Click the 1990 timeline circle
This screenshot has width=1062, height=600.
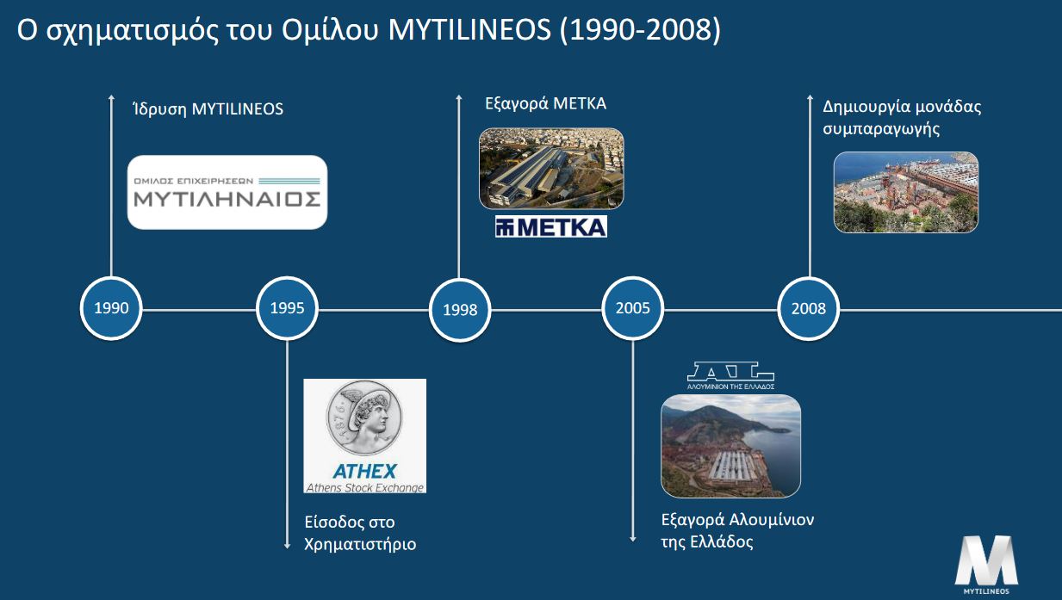click(111, 308)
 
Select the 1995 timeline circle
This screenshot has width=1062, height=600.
click(287, 308)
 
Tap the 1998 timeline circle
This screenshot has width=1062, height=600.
click(460, 310)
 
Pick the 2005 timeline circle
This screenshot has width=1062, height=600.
click(632, 308)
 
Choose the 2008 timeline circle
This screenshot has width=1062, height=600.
click(809, 309)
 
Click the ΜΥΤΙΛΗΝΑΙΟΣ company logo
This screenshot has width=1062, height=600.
click(227, 193)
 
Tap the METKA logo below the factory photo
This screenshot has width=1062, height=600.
click(551, 226)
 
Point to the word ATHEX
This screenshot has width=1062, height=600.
click(364, 472)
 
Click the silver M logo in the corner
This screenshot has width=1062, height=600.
click(986, 565)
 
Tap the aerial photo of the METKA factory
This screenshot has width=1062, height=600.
click(551, 168)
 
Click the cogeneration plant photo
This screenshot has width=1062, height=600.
click(905, 192)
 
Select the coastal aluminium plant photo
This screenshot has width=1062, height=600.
click(730, 446)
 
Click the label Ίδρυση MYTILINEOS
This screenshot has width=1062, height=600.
click(208, 109)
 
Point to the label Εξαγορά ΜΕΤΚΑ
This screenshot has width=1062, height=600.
click(545, 104)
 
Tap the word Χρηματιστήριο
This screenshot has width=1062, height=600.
click(360, 544)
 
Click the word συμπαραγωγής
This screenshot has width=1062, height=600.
click(881, 129)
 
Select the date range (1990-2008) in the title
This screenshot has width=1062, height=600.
click(640, 29)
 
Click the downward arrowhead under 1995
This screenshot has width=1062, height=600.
click(287, 546)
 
